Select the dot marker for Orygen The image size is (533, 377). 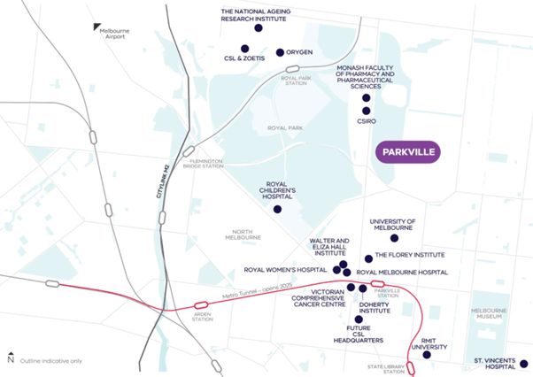pyautogui.click(x=281, y=52)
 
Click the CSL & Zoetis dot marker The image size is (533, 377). pyautogui.click(x=244, y=49)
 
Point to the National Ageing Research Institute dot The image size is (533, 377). pyautogui.click(x=259, y=28)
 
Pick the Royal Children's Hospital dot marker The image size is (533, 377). pyautogui.click(x=277, y=210)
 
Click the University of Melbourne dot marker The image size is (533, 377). pyautogui.click(x=395, y=238)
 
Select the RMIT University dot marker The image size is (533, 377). pyautogui.click(x=427, y=355)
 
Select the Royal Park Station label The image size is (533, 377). pyautogui.click(x=298, y=81)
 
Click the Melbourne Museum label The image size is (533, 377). pyautogui.click(x=488, y=313)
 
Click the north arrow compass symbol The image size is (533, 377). pyautogui.click(x=10, y=358)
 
